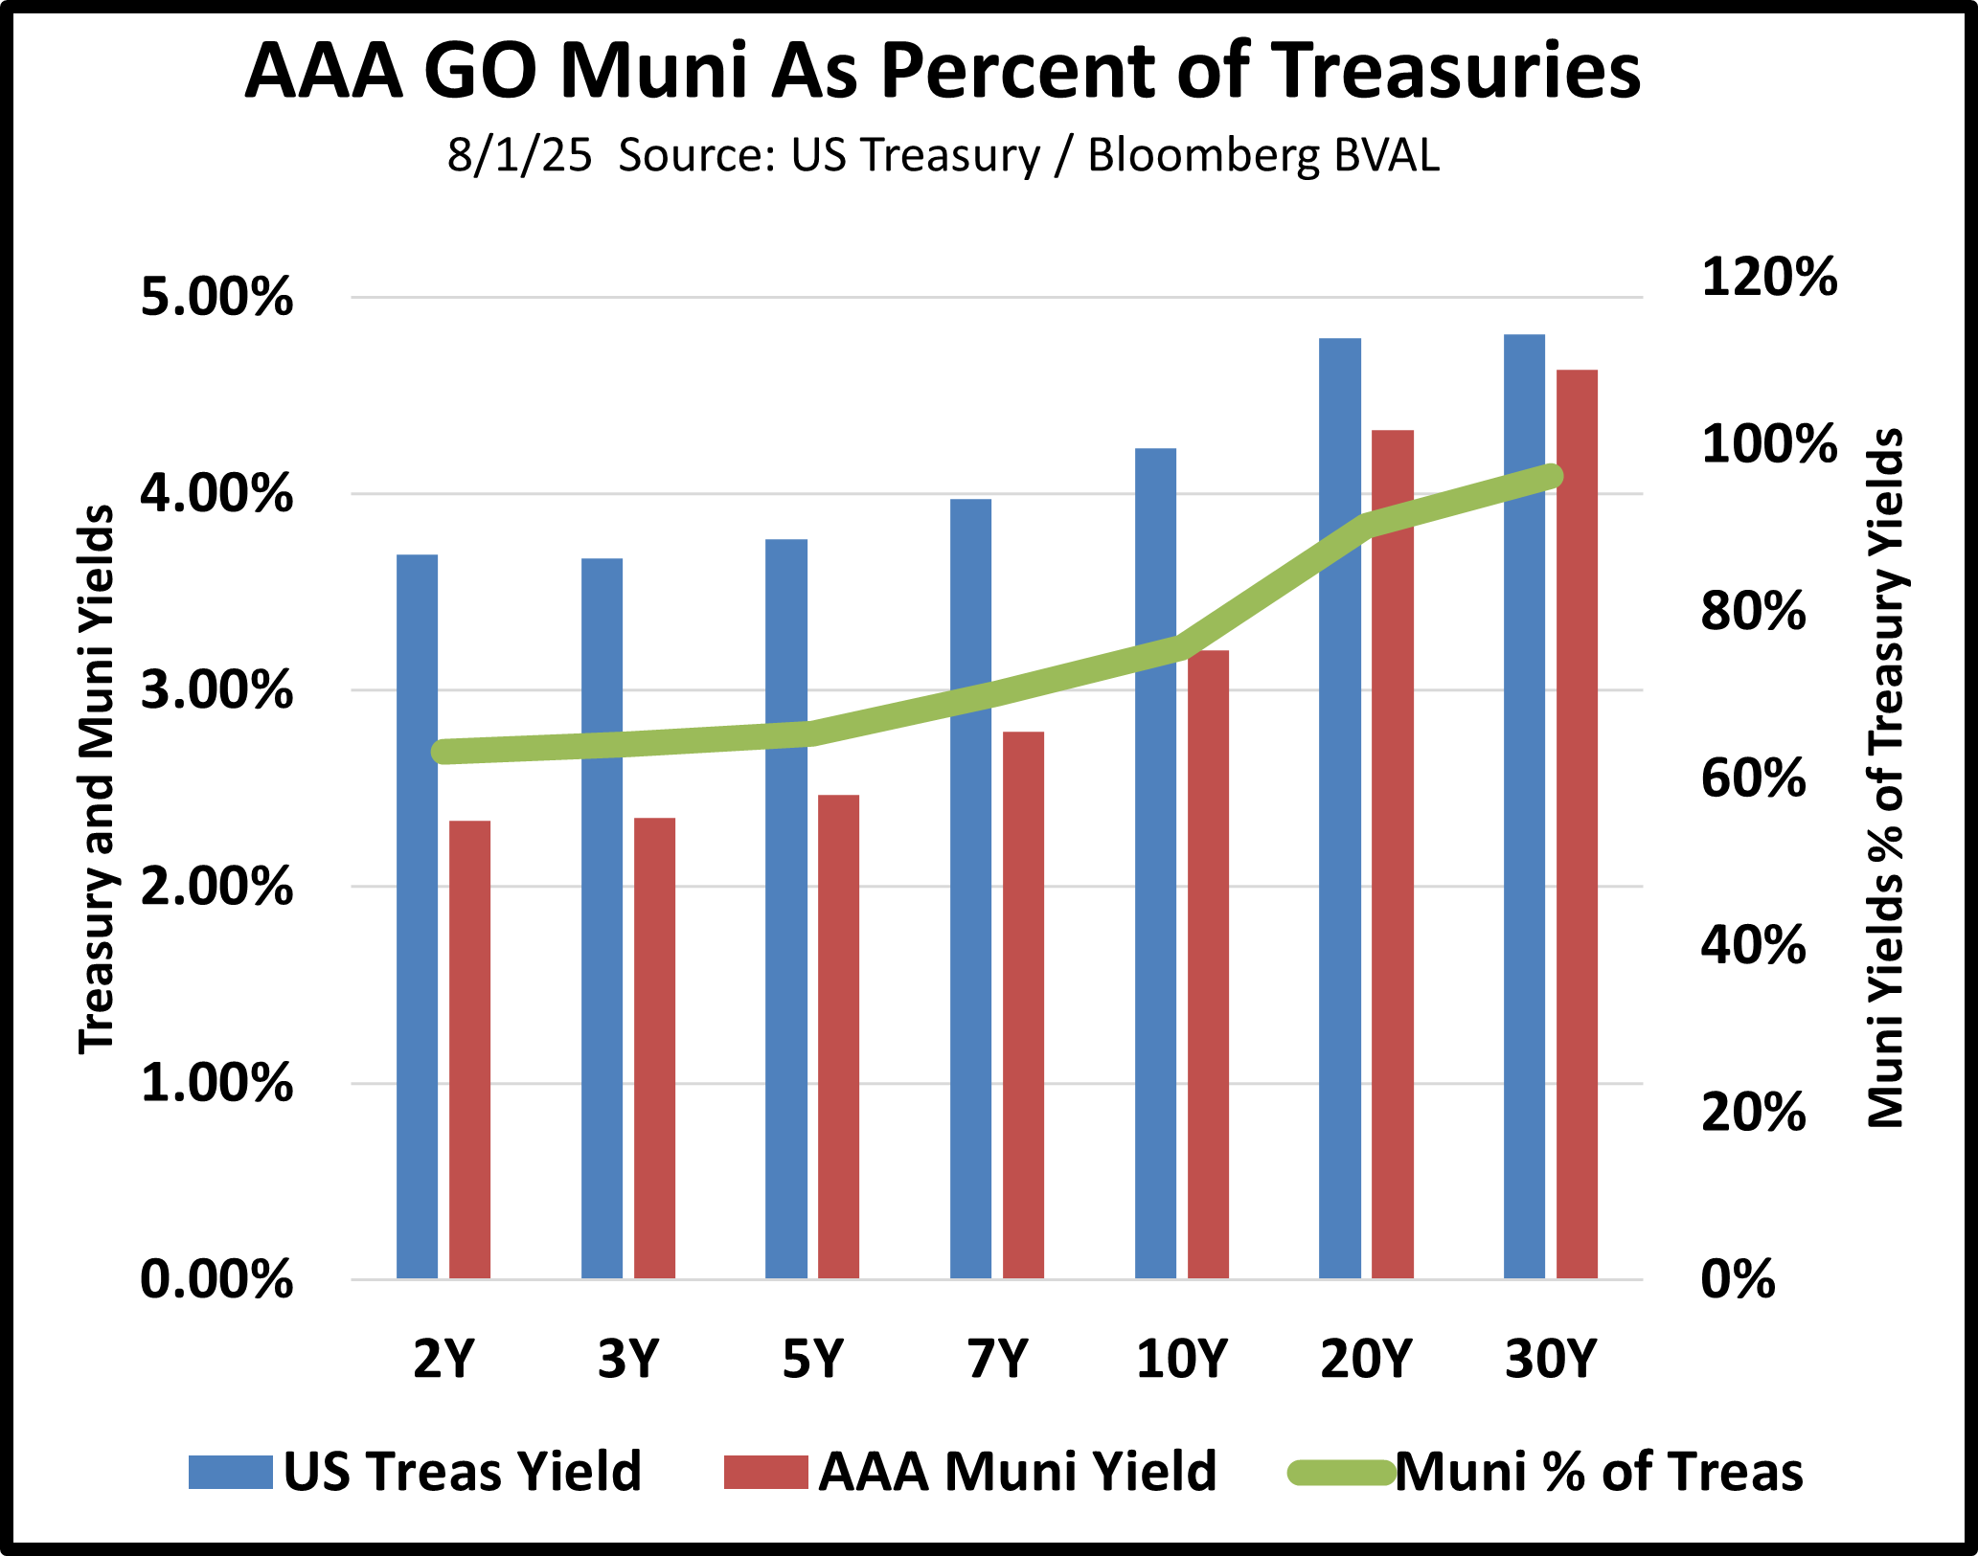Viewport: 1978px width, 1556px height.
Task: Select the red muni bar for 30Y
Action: pos(1577,823)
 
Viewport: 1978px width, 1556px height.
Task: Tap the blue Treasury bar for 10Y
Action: pos(1155,862)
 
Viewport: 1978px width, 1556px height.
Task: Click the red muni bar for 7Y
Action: pos(1023,1005)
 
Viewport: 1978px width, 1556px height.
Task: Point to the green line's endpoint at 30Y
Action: pos(1551,476)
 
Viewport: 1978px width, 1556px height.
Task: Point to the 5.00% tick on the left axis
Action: pos(216,298)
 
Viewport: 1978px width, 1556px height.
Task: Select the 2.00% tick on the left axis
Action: pos(216,888)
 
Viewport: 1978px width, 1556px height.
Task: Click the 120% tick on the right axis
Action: pos(1768,278)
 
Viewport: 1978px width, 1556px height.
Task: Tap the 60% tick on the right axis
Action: pos(1753,778)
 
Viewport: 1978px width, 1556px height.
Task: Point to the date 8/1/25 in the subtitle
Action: pos(519,155)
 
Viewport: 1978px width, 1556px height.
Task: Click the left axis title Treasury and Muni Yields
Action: pos(96,780)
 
